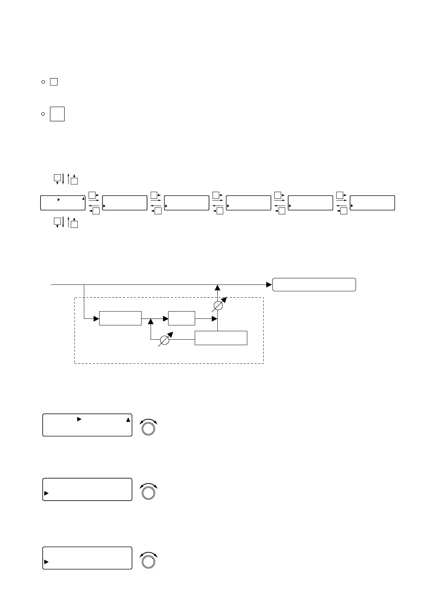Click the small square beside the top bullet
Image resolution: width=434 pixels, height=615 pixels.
pos(54,82)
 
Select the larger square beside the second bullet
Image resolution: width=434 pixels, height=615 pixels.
pos(57,114)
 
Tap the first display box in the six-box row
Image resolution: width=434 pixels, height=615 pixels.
pos(63,203)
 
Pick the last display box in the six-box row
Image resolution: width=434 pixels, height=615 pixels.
pos(372,203)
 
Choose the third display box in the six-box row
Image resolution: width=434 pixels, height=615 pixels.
pos(186,203)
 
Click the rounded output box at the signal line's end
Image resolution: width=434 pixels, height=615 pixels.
pos(314,284)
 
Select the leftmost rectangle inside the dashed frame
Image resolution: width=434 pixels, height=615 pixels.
pos(120,318)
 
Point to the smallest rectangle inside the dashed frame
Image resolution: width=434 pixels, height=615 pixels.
pos(182,318)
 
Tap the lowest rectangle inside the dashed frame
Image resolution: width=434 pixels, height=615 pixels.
pos(221,338)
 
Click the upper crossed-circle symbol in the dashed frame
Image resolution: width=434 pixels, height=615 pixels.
pos(218,305)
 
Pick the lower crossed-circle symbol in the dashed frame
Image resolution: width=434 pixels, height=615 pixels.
pos(165,340)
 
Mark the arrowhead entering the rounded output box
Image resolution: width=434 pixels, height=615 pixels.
pos(269,284)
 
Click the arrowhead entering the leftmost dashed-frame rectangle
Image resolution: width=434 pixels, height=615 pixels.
pos(96,318)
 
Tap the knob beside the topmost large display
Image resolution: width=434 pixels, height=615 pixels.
pos(148,428)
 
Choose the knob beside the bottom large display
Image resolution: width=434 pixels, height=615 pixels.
pos(148,561)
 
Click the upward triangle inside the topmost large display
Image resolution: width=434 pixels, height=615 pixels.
pos(128,420)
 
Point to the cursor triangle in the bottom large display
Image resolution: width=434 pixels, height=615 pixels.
pos(46,562)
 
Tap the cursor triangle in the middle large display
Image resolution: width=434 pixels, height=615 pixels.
pos(46,493)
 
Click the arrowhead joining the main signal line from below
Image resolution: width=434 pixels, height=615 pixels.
pos(218,287)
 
